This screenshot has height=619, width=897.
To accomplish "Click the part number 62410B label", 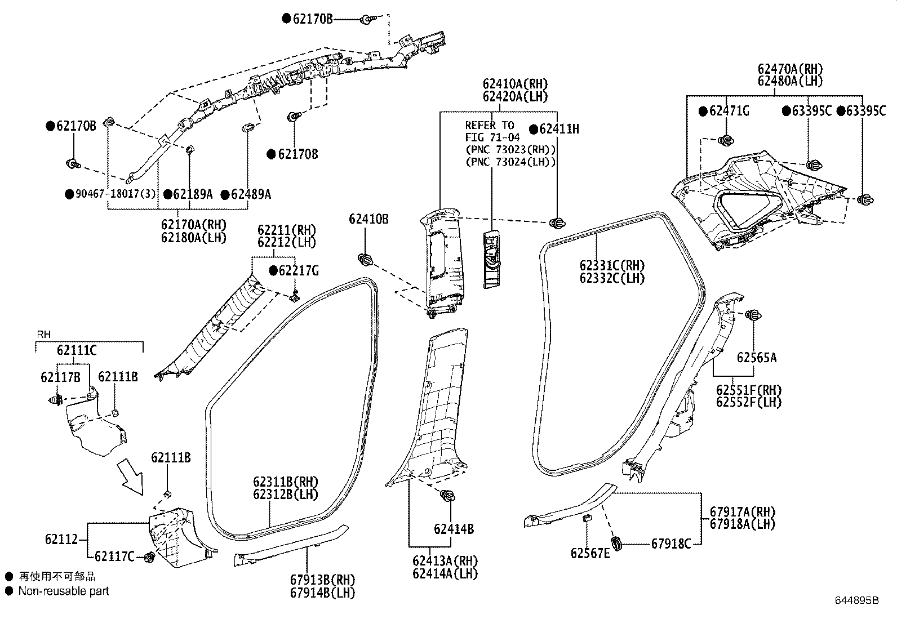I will (x=368, y=219).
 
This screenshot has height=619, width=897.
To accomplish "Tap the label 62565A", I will (x=756, y=357).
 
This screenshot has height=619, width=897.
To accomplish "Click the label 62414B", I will (x=454, y=529).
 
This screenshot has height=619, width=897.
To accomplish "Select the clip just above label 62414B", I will (x=448, y=496).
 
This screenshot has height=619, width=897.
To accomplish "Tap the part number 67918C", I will (x=671, y=544).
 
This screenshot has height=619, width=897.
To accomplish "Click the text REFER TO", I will (x=490, y=126).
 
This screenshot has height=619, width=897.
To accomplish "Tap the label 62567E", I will (x=590, y=554).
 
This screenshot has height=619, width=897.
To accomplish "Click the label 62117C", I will (x=114, y=556).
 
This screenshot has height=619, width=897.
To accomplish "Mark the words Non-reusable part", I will (x=64, y=591).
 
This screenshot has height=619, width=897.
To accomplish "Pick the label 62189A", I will (x=192, y=194).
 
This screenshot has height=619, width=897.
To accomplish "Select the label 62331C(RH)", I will (x=612, y=266).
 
